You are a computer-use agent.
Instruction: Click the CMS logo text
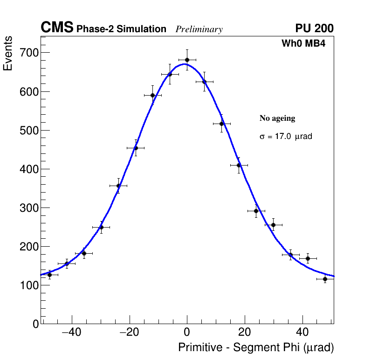click(57, 28)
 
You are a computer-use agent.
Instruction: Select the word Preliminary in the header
click(199, 29)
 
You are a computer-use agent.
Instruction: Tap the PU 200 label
click(314, 28)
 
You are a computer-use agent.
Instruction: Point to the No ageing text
click(277, 118)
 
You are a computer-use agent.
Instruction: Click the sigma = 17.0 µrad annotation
click(285, 137)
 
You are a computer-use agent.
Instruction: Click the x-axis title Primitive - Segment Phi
click(256, 348)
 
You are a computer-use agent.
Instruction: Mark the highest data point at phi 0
click(187, 60)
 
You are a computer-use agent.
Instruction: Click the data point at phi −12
click(152, 95)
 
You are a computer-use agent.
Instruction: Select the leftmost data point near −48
click(49, 275)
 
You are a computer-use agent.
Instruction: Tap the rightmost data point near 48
click(325, 279)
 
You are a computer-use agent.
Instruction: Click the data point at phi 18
click(239, 165)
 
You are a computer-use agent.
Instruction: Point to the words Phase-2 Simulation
click(121, 29)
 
